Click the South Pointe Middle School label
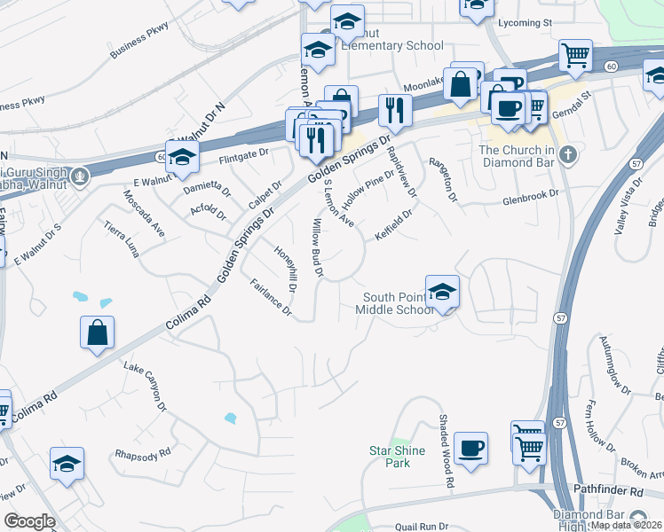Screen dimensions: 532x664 click(395, 303)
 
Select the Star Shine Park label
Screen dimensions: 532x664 click(398, 457)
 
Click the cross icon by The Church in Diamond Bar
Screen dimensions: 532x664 click(568, 156)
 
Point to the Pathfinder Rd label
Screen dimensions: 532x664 click(612, 490)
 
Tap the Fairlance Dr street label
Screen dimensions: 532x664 click(271, 297)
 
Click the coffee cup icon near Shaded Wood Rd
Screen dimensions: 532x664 click(470, 447)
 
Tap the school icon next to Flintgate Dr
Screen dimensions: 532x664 click(182, 157)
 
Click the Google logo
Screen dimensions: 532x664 click(29, 521)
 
